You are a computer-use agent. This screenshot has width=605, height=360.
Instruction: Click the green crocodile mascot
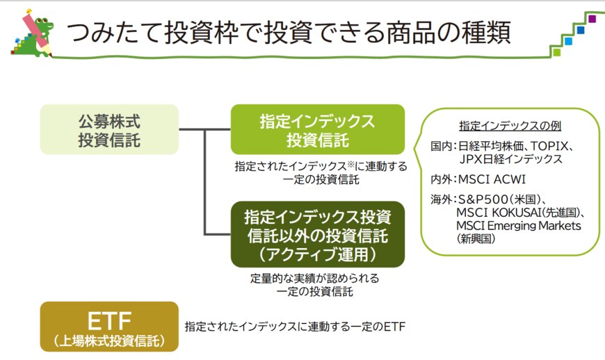pyautogui.click(x=39, y=28)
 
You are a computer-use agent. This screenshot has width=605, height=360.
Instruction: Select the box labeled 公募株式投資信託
pyautogui.click(x=109, y=129)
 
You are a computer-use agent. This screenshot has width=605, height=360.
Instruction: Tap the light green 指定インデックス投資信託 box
pyautogui.click(x=317, y=130)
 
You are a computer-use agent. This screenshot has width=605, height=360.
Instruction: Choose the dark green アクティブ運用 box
pyautogui.click(x=317, y=235)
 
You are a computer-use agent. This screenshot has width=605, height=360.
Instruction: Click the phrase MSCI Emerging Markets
pyautogui.click(x=518, y=226)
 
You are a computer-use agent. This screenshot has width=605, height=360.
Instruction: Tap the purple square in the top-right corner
pyautogui.click(x=592, y=19)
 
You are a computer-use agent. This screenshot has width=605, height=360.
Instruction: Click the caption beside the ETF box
pyautogui.click(x=294, y=326)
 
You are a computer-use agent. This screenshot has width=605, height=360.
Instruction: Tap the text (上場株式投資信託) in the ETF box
pyautogui.click(x=109, y=341)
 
